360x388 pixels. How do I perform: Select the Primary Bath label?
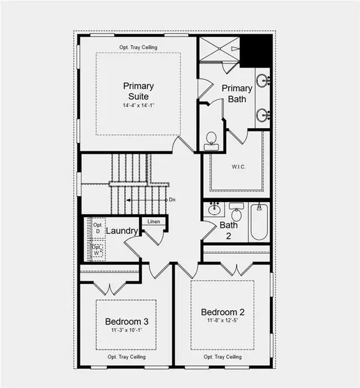pyautogui.click(x=237, y=94)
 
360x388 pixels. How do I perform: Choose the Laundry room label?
pyautogui.click(x=122, y=231)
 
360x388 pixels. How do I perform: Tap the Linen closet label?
pyautogui.click(x=154, y=221)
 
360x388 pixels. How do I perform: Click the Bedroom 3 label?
pyautogui.click(x=127, y=321)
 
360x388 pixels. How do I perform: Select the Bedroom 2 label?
pyautogui.click(x=223, y=312)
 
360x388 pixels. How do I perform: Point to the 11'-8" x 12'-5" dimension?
pyautogui.click(x=223, y=323)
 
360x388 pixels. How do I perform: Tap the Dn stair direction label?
pyautogui.click(x=172, y=200)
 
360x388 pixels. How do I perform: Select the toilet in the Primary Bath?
pyautogui.click(x=211, y=141)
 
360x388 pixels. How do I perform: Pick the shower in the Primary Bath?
pyautogui.click(x=220, y=49)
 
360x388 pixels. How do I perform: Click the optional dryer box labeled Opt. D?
pyautogui.click(x=97, y=225)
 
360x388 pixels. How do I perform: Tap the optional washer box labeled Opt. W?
pyautogui.click(x=96, y=249)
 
